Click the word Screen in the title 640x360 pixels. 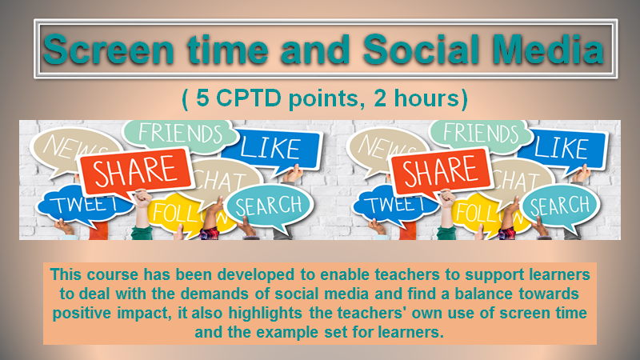[109, 49]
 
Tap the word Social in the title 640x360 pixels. [421, 49]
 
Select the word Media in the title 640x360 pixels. [548, 49]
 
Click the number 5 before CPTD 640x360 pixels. [202, 98]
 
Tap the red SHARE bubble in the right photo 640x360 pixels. [442, 170]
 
